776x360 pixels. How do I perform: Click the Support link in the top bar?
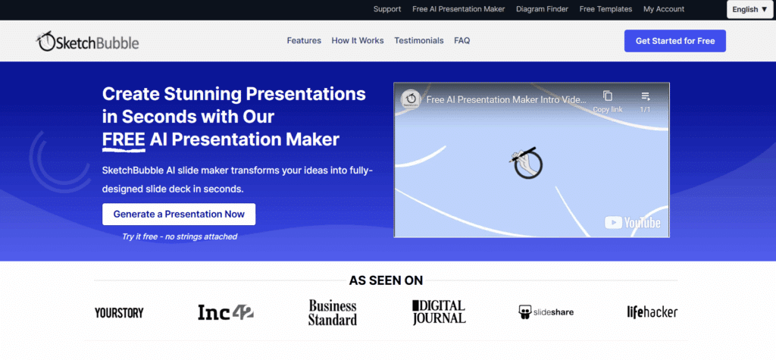pyautogui.click(x=387, y=9)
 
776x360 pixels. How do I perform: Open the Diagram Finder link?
pyautogui.click(x=542, y=9)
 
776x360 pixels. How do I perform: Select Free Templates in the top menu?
pyautogui.click(x=605, y=9)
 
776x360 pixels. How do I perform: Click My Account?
pyautogui.click(x=664, y=9)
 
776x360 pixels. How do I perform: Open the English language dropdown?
pyautogui.click(x=749, y=9)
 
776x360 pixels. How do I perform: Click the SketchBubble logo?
pyautogui.click(x=88, y=42)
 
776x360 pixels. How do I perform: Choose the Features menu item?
pyautogui.click(x=304, y=41)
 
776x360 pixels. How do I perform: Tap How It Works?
pyautogui.click(x=358, y=41)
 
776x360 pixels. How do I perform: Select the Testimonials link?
pyautogui.click(x=418, y=41)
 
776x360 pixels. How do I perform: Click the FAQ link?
pyautogui.click(x=462, y=41)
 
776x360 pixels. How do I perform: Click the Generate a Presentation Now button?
pyautogui.click(x=179, y=214)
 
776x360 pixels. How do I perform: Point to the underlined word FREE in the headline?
pyautogui.click(x=124, y=139)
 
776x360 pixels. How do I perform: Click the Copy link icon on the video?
pyautogui.click(x=608, y=96)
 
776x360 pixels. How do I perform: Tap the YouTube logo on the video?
pyautogui.click(x=633, y=223)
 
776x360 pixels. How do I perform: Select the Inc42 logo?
pyautogui.click(x=226, y=312)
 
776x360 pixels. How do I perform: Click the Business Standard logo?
pyautogui.click(x=333, y=312)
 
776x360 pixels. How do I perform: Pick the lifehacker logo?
pyautogui.click(x=652, y=312)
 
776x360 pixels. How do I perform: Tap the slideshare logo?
pyautogui.click(x=546, y=312)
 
